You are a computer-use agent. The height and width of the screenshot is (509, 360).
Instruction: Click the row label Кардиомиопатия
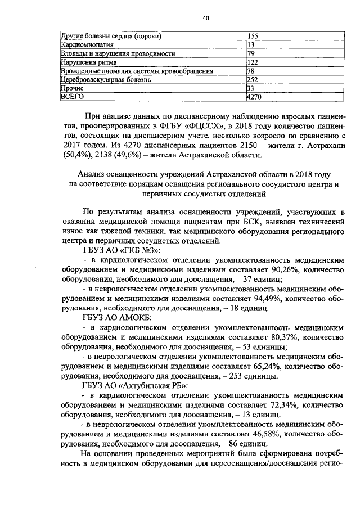coord(83,45)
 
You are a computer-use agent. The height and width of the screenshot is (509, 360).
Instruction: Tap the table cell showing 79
coord(251,53)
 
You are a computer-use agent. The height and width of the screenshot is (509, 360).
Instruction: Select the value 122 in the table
coord(253,62)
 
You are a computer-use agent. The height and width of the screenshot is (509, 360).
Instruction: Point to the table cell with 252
coord(253,80)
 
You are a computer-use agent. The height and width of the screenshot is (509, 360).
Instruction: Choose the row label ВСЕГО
coord(72,97)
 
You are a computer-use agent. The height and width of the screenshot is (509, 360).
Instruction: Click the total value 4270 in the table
coord(255,97)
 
